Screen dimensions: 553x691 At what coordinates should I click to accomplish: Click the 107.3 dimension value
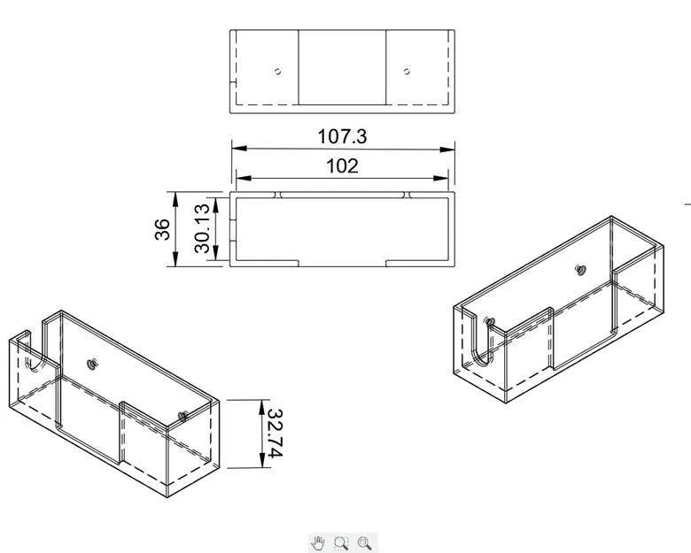342,137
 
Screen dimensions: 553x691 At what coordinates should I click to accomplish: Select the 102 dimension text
342,165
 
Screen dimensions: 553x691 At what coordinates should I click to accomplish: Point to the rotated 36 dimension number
162,229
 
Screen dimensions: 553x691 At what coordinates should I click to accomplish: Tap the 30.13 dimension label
203,229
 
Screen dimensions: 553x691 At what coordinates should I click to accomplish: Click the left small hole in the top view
277,72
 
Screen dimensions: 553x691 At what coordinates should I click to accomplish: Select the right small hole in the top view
407,72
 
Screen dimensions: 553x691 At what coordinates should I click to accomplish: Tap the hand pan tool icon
318,541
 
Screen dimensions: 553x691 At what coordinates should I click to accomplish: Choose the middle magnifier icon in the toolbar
341,541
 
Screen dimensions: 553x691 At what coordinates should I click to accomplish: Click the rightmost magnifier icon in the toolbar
364,541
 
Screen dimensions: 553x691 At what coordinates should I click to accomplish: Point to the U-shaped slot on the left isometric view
34,354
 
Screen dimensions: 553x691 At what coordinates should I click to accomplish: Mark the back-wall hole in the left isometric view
92,363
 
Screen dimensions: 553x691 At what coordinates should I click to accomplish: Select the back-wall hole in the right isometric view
580,268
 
